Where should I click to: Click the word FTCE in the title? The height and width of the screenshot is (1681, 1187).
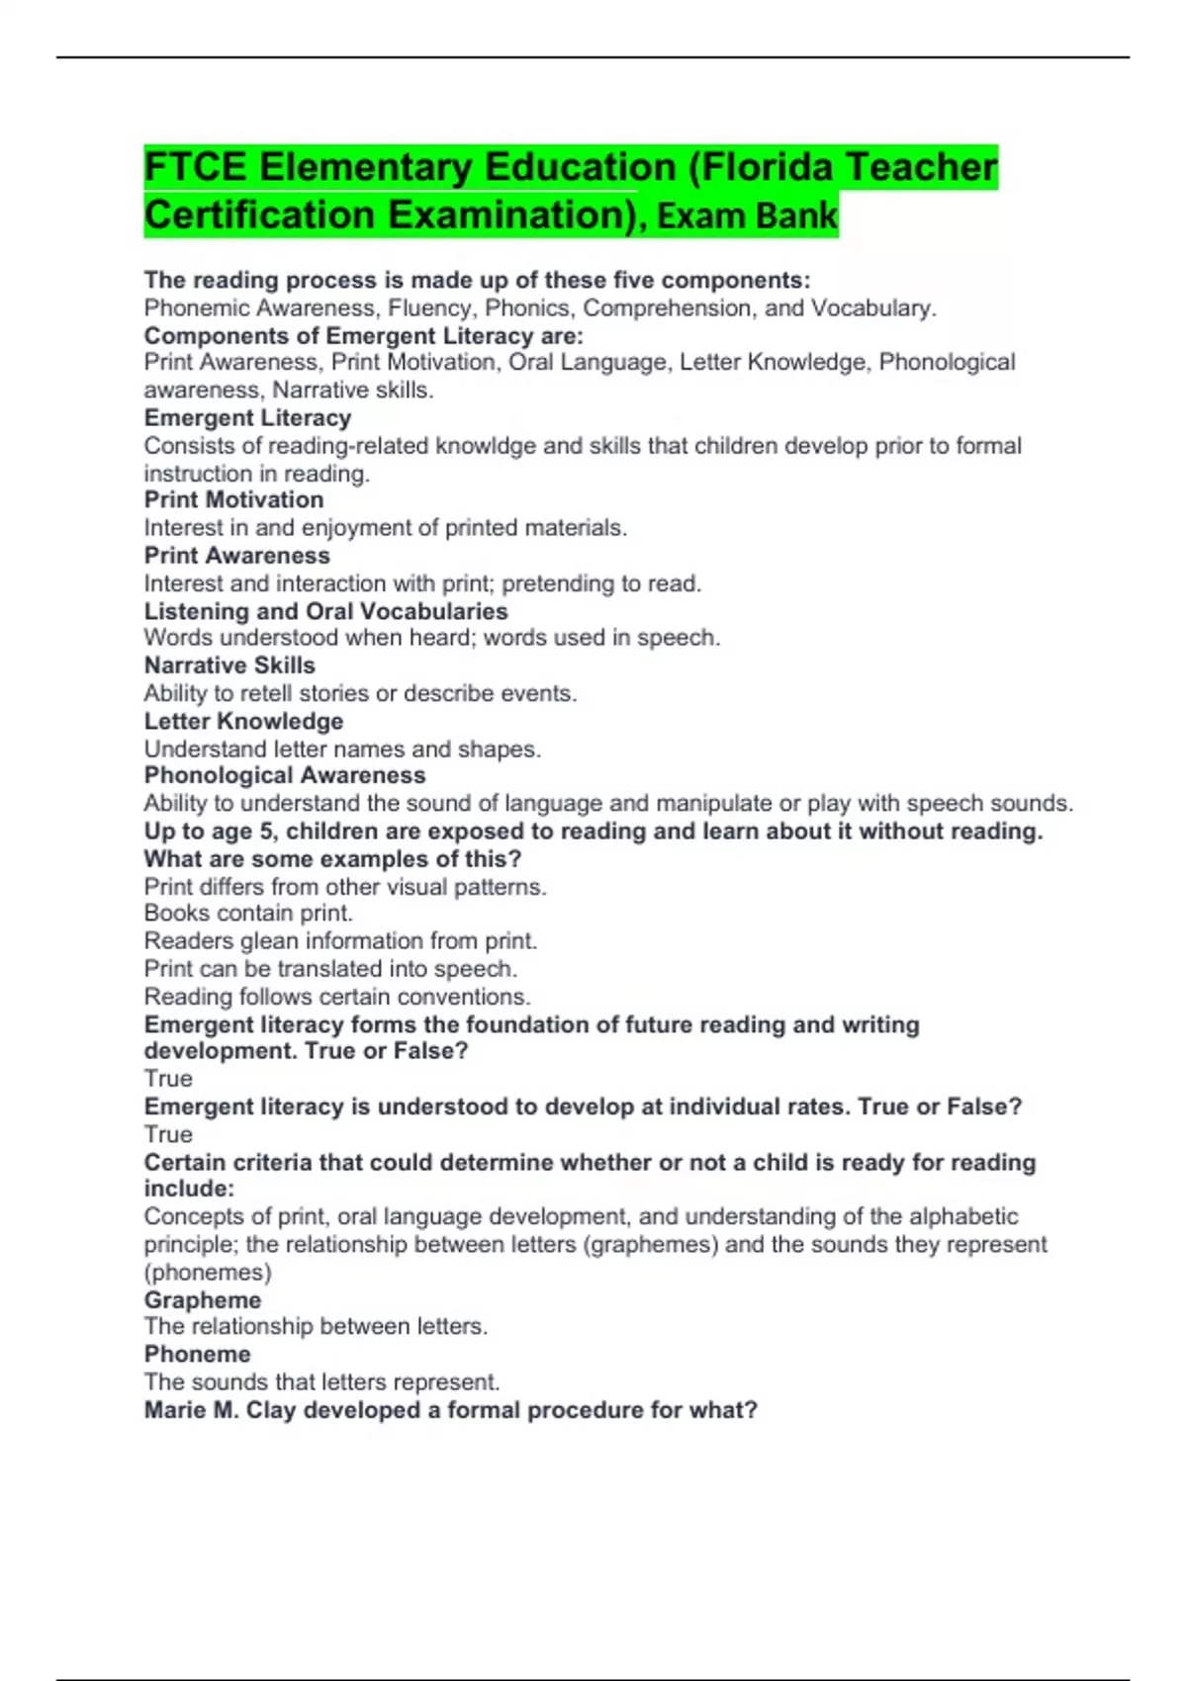[x=194, y=167]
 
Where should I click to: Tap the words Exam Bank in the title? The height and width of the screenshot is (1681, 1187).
[x=747, y=216]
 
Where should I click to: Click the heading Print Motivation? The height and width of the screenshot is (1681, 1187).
[x=233, y=500]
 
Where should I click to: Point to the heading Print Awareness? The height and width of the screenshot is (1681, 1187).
[x=236, y=556]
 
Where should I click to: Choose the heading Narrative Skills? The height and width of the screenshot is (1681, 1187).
[x=229, y=665]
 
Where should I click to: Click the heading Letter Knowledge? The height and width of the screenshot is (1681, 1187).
[x=243, y=722]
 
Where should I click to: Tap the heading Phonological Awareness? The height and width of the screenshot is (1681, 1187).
[x=285, y=776]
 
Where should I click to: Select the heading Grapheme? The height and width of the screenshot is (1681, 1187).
[x=203, y=1300]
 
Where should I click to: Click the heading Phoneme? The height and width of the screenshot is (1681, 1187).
[x=197, y=1355]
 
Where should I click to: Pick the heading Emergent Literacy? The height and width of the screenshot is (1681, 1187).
[x=247, y=418]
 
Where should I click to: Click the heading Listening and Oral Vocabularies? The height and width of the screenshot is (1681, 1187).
[x=325, y=611]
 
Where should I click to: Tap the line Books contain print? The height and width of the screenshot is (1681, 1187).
[x=248, y=913]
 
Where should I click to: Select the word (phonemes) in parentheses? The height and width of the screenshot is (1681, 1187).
[x=208, y=1273]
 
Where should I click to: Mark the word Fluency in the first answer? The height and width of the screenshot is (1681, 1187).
[x=429, y=309]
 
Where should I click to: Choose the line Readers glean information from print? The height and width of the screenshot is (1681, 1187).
[x=340, y=940]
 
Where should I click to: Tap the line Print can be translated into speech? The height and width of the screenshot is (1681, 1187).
[x=330, y=968]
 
